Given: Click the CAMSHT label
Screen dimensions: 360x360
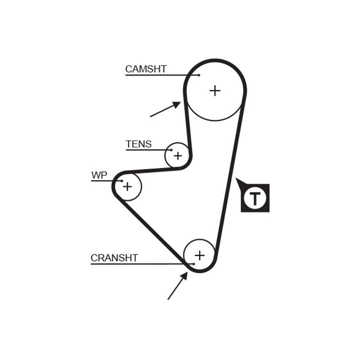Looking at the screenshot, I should click(x=145, y=69).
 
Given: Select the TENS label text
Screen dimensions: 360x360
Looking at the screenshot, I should click(x=138, y=144).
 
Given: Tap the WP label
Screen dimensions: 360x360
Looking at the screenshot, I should click(x=99, y=175).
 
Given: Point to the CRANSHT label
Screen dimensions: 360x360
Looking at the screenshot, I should click(x=114, y=258).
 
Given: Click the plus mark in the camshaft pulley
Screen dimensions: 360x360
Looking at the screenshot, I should click(x=214, y=90).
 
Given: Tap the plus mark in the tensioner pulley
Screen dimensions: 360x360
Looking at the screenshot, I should click(x=177, y=155).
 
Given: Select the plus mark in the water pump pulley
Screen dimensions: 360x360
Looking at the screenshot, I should click(x=127, y=186).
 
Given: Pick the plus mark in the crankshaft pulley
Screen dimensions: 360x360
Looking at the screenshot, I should click(x=199, y=255).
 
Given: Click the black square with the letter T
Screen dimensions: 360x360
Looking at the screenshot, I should click(x=255, y=198).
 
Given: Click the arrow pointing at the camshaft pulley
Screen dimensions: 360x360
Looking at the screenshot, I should click(x=165, y=109).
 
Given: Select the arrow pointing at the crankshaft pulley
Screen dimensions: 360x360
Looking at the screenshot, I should click(x=177, y=286).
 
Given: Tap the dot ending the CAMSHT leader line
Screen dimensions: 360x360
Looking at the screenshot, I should click(x=198, y=75).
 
